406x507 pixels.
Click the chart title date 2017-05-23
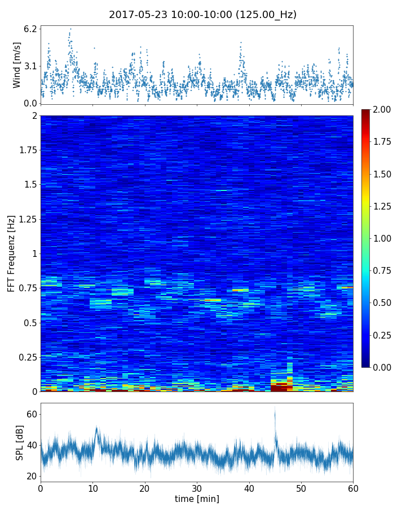click(138, 15)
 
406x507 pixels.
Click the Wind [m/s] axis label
click(17, 65)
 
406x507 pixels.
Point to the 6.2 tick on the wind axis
click(30, 28)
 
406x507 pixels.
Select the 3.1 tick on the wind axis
click(30, 66)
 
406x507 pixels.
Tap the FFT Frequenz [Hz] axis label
click(11, 253)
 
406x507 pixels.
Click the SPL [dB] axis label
click(20, 442)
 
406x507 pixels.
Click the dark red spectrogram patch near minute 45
click(279, 388)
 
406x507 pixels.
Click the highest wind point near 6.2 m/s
click(70, 29)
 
